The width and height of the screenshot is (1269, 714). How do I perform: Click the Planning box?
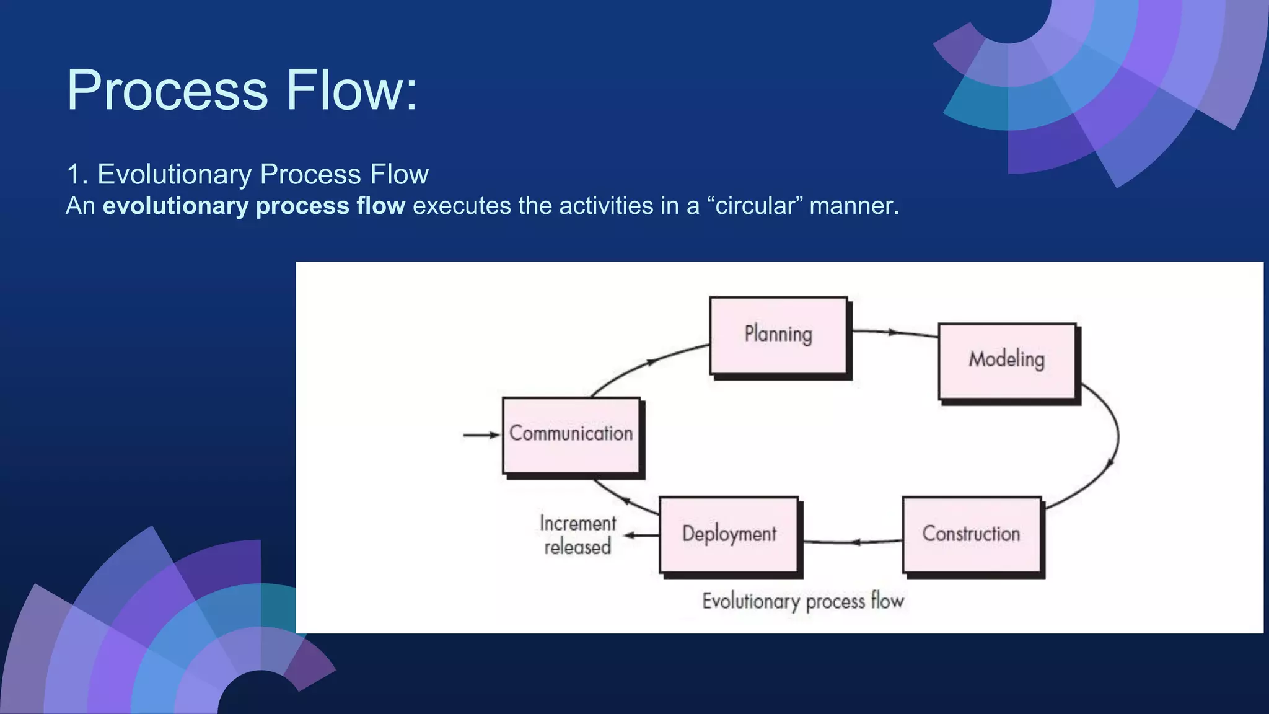tap(778, 335)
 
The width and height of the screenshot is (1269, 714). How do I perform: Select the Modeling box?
tap(1007, 361)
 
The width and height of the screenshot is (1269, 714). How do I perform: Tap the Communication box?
tap(571, 435)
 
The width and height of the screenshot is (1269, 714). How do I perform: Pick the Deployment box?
tap(729, 534)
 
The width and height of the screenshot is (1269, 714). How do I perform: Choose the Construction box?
tap(972, 534)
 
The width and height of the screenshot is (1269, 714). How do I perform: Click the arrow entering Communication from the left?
tap(481, 435)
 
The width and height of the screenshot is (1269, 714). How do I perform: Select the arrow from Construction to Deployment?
tap(854, 542)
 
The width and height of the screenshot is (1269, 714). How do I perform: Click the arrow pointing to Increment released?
tap(641, 535)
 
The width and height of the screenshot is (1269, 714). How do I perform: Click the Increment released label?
tap(577, 535)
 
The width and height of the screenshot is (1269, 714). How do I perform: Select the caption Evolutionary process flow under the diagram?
tap(803, 601)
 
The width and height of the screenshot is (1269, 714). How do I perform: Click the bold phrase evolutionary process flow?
tap(254, 206)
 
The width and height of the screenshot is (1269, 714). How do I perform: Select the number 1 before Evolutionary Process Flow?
tap(74, 175)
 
